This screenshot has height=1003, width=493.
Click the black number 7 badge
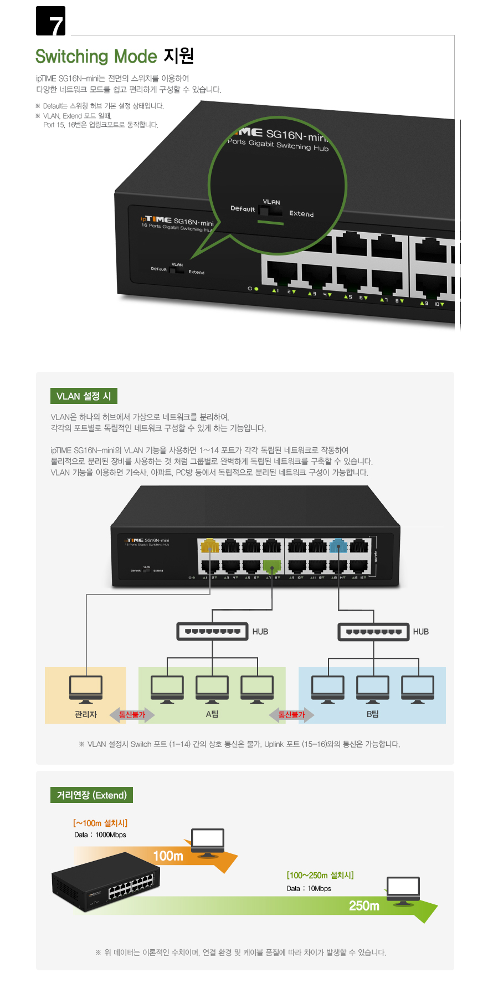coord(50,21)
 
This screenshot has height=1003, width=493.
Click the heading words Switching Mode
coord(96,57)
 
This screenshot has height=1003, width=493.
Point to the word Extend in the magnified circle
coord(301,214)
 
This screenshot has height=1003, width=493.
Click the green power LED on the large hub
coord(256,289)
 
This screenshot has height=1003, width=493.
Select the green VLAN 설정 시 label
coord(84,396)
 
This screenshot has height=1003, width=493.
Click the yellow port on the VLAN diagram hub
coord(210,546)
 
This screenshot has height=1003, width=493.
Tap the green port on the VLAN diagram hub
coord(272,566)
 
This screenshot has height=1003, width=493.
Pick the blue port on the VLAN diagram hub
coord(338,546)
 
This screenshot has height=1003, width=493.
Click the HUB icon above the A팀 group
coord(212,631)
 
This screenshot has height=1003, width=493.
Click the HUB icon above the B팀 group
coord(374,631)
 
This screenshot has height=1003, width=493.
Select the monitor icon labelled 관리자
coord(86,689)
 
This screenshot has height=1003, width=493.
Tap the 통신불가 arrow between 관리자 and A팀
coord(132,715)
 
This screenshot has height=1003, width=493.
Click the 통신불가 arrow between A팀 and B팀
coord(291,715)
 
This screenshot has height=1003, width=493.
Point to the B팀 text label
coord(372,714)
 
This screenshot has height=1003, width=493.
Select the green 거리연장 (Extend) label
coord(91,795)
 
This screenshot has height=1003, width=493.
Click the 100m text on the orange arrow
coord(168,856)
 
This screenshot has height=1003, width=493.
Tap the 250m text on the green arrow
coord(364,905)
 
